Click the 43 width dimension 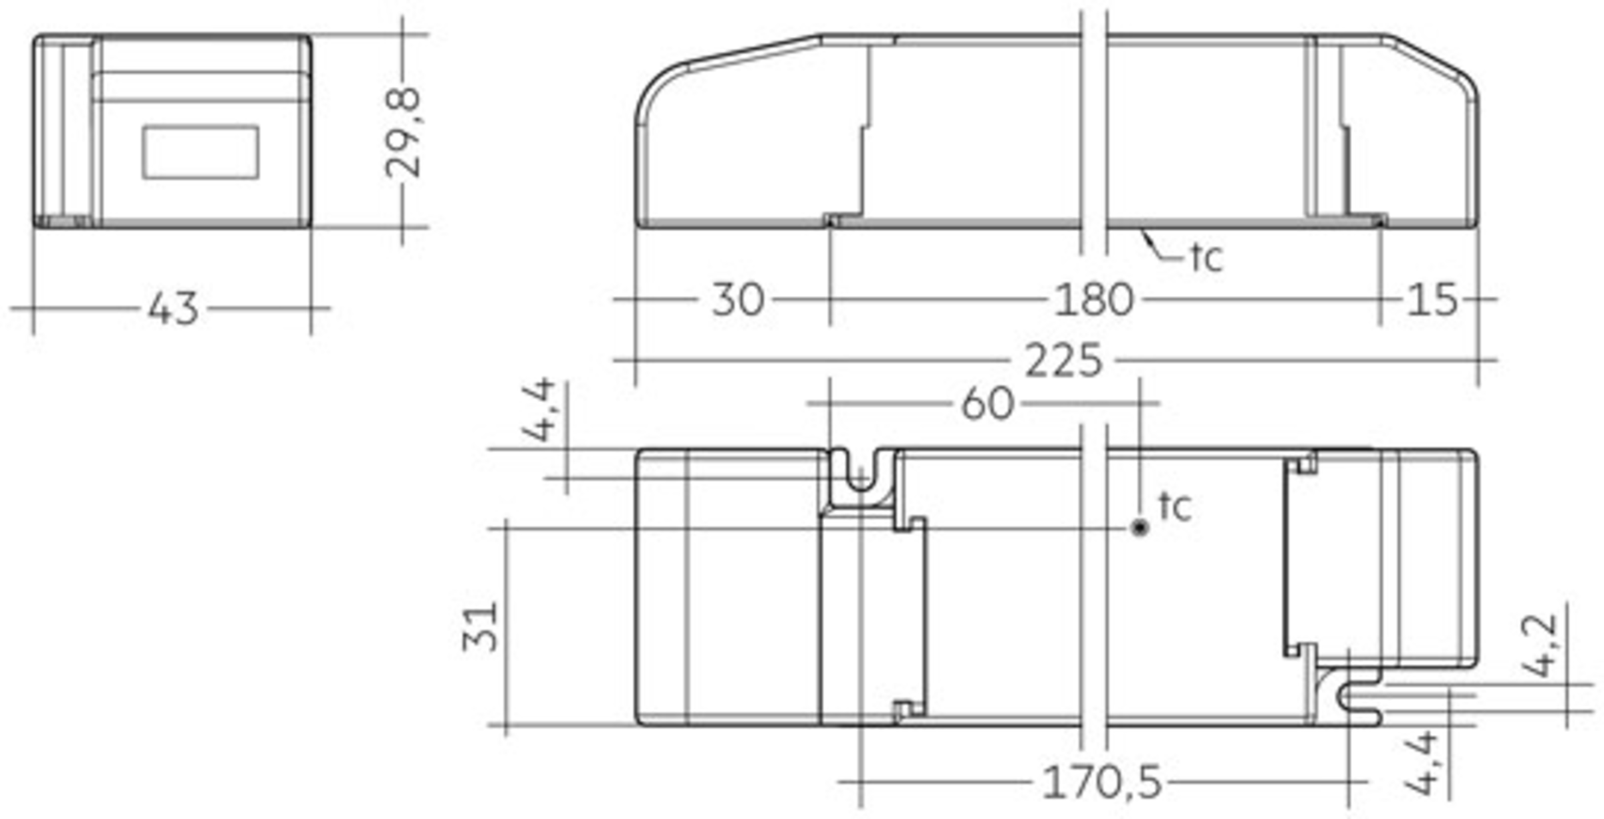173,309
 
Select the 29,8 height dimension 404,133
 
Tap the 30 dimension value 738,299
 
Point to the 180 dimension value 1094,300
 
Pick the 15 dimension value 1432,300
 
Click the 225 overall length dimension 1063,361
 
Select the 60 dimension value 988,404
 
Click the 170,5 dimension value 1102,783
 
